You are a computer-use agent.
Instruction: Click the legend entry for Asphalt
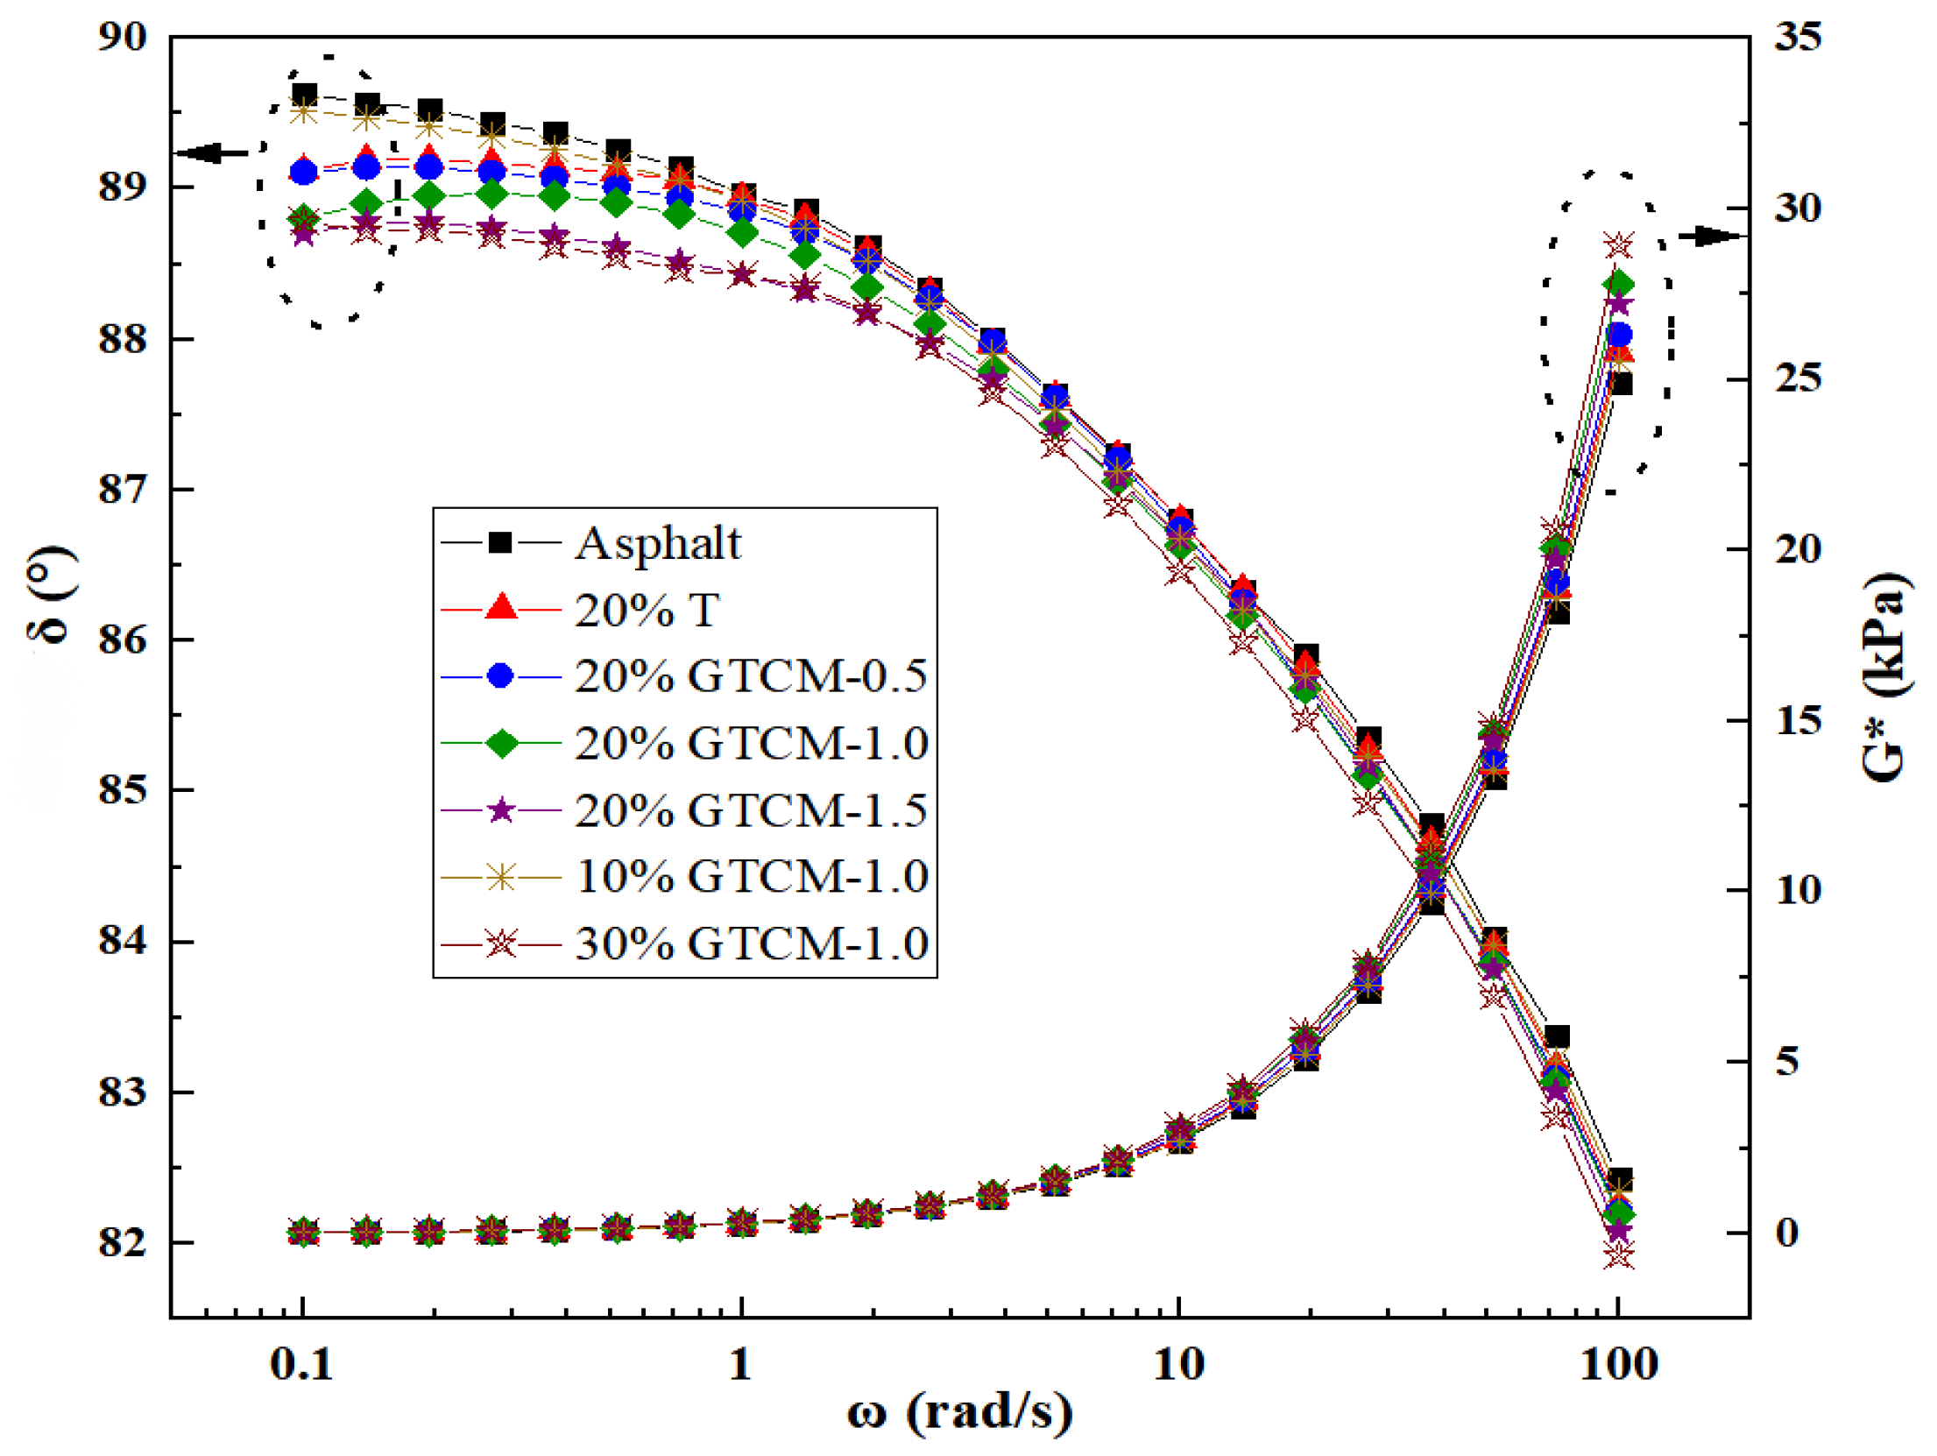pyautogui.click(x=658, y=544)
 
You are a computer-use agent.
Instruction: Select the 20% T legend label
pyautogui.click(x=647, y=611)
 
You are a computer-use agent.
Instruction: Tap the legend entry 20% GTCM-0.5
pyautogui.click(x=751, y=676)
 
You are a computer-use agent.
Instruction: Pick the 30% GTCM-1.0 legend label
pyautogui.click(x=751, y=944)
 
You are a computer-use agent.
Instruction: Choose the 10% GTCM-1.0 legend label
pyautogui.click(x=751, y=877)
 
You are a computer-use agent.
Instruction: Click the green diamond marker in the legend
pyautogui.click(x=501, y=744)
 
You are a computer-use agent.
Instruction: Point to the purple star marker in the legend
pyautogui.click(x=501, y=810)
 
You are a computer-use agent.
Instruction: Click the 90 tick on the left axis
pyautogui.click(x=122, y=37)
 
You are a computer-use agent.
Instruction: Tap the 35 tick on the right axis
pyautogui.click(x=1798, y=37)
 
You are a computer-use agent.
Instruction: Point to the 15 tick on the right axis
pyautogui.click(x=1798, y=721)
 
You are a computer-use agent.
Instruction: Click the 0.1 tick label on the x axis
pyautogui.click(x=302, y=1365)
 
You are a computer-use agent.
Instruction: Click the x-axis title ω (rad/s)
pyautogui.click(x=960, y=1412)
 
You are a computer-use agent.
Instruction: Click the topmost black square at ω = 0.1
pyautogui.click(x=304, y=95)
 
